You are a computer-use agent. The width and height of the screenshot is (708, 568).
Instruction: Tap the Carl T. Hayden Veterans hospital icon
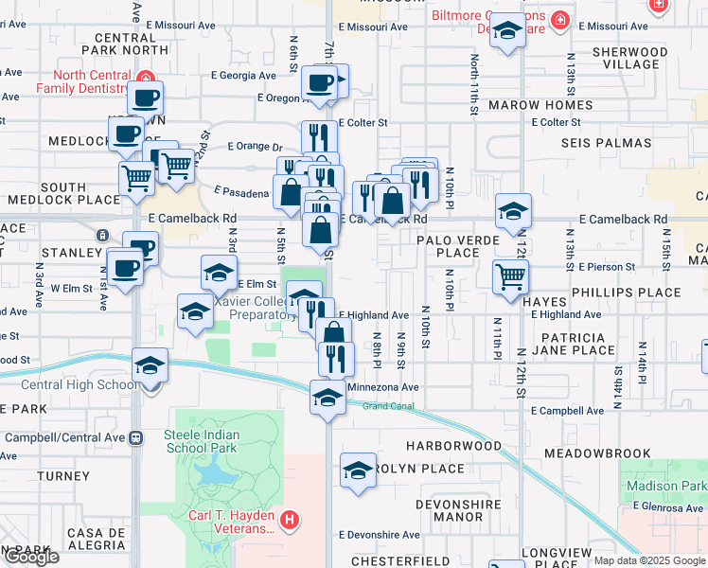click(x=291, y=520)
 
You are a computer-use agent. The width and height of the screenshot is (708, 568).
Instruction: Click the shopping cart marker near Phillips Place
click(x=511, y=276)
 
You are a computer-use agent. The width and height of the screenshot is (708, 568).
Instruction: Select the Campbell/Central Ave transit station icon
click(x=136, y=437)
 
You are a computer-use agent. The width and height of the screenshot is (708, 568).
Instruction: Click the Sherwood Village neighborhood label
click(x=629, y=58)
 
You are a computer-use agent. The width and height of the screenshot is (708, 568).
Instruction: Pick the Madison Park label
click(x=666, y=486)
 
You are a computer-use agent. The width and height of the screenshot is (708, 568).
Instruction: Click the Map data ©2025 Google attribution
click(x=648, y=560)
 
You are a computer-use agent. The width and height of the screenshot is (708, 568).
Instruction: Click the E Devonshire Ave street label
click(x=379, y=535)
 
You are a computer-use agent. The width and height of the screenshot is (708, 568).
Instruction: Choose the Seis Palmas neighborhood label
click(x=606, y=143)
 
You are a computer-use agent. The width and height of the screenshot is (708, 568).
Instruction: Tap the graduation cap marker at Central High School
click(x=150, y=364)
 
